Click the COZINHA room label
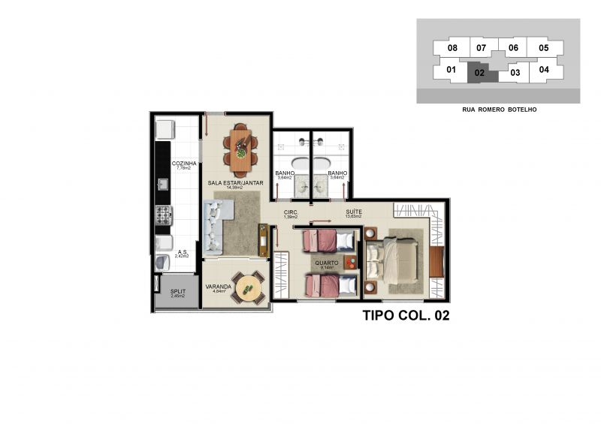point(184,164)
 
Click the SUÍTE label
point(354,212)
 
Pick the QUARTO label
point(326,263)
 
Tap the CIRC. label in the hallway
point(291,212)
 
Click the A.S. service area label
point(182,253)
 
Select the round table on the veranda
point(248,287)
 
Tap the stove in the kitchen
point(164,215)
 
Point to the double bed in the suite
point(394,259)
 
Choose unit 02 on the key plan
point(479,74)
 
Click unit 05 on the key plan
point(544,49)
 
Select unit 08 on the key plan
point(452,49)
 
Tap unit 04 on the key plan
point(544,71)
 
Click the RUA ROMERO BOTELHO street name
point(499,110)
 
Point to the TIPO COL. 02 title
point(406,316)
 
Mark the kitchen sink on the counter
point(162,183)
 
